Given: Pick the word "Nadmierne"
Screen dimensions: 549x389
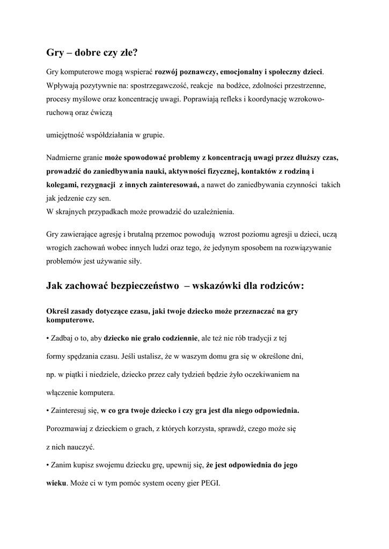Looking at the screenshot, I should tap(63, 158).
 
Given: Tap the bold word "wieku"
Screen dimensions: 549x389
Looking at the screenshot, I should tap(56, 483).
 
